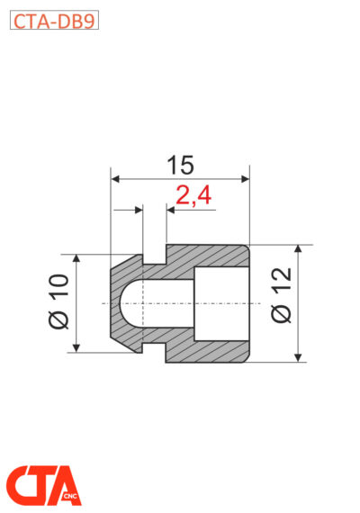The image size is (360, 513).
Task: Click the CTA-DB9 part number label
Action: pyautogui.click(x=53, y=21)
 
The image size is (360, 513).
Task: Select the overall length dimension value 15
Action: pyautogui.click(x=180, y=165)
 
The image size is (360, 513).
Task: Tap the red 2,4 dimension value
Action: pyautogui.click(x=193, y=196)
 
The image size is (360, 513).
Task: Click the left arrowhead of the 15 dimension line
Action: pyautogui.click(x=115, y=179)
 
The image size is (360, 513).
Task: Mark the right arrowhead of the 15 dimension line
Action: pyautogui.click(x=243, y=179)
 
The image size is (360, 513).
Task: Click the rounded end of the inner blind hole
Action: pyautogui.click(x=126, y=303)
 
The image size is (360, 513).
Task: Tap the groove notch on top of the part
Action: pyautogui.click(x=154, y=257)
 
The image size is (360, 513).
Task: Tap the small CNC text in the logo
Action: pyautogui.click(x=70, y=496)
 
